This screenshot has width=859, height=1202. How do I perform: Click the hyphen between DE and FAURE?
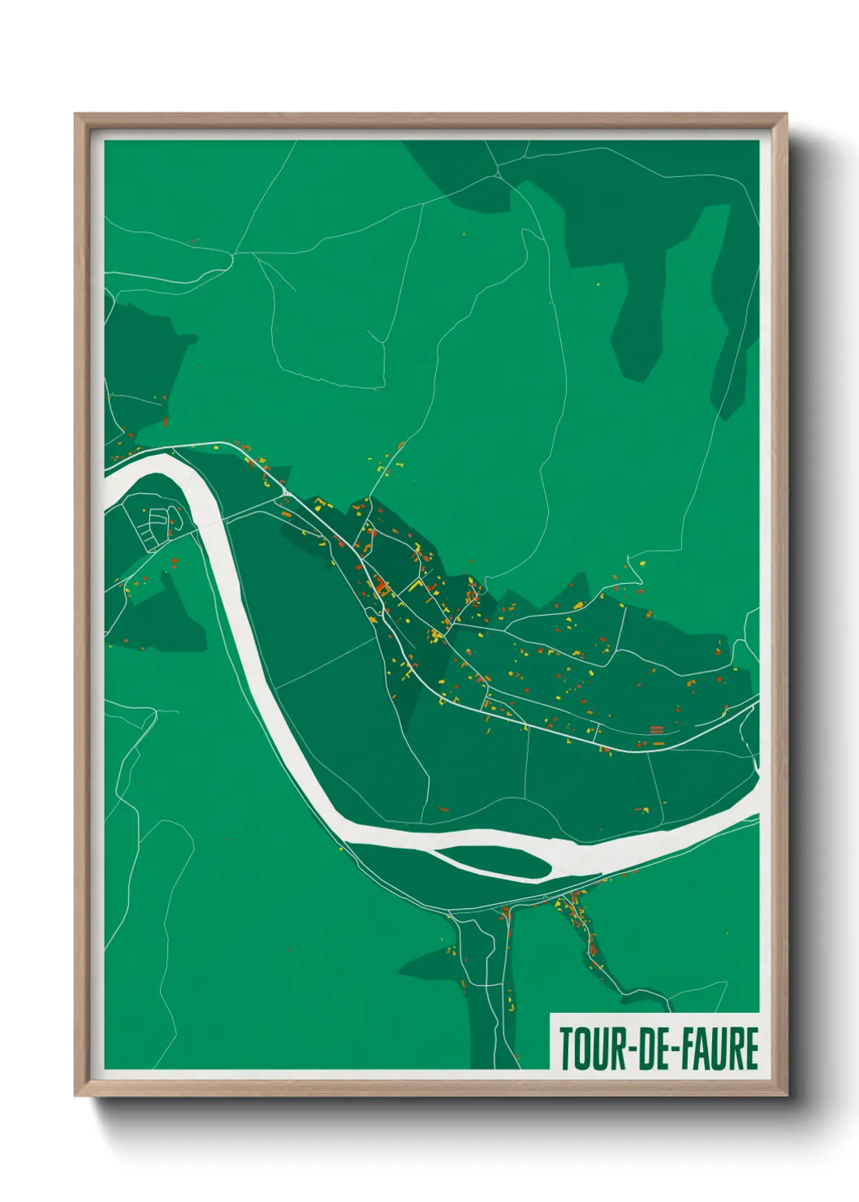(x=672, y=1050)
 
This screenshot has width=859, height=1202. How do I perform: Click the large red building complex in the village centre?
(x=380, y=584)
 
